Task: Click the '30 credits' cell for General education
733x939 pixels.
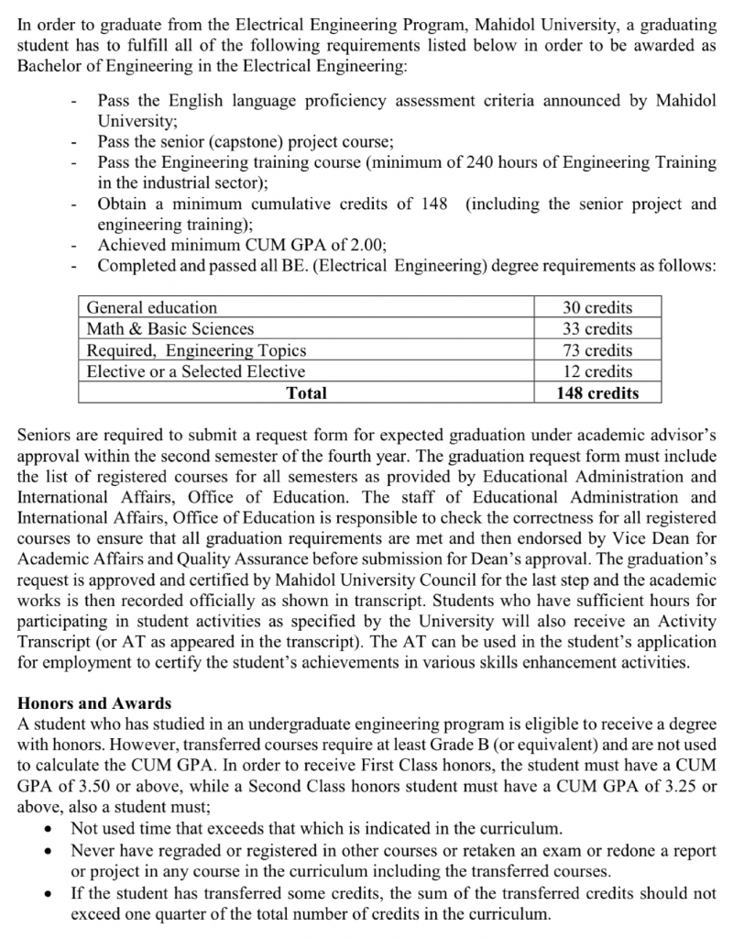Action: coord(596,308)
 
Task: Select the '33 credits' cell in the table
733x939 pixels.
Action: coord(596,329)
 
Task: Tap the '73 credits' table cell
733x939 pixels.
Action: coord(596,350)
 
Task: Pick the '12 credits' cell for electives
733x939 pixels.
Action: coord(596,371)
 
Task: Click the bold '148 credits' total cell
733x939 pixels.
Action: coord(596,393)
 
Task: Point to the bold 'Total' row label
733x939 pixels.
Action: coord(306,393)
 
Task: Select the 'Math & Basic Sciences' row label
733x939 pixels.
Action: coord(170,329)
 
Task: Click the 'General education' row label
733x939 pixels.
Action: coord(152,308)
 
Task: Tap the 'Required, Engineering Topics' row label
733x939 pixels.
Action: coord(196,350)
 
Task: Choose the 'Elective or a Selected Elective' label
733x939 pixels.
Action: coord(196,371)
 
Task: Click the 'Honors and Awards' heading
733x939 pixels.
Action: coord(94,703)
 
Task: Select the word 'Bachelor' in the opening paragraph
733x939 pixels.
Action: coord(50,67)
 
